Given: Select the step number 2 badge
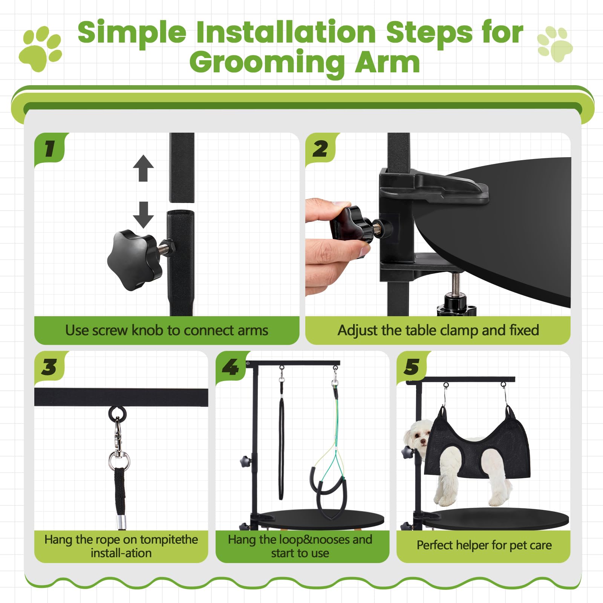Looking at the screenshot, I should coord(320,148).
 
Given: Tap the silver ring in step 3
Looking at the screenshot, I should coord(119,461).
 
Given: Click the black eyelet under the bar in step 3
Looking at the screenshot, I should coord(118,414).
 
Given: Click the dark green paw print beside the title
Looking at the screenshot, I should coord(41,48).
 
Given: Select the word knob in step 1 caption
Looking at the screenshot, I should coord(148,331).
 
